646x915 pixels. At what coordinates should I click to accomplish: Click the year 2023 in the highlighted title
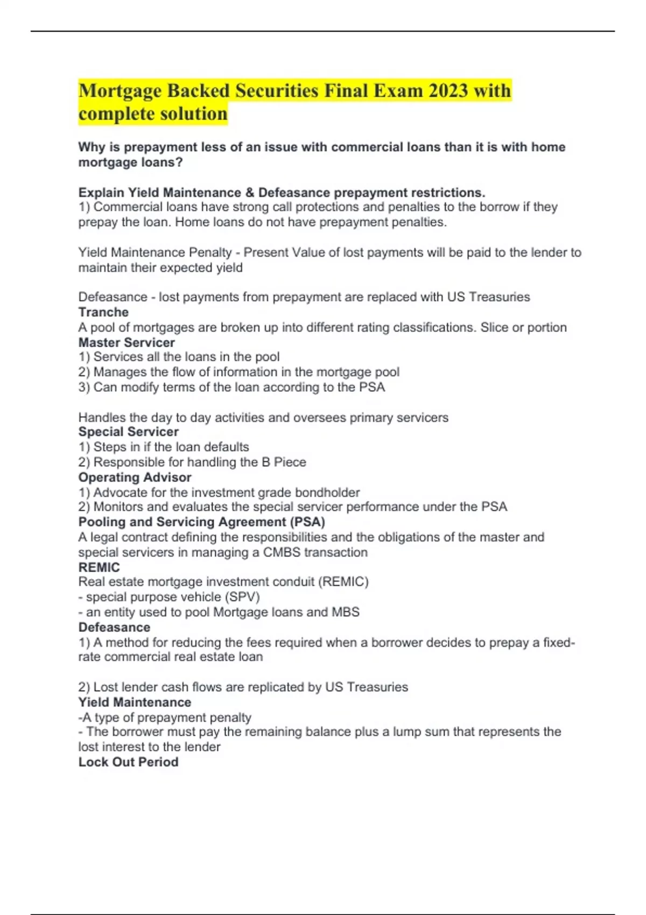tap(448, 90)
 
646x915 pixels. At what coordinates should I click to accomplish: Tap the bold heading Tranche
tap(103, 312)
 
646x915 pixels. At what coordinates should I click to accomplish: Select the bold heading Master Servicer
tap(127, 342)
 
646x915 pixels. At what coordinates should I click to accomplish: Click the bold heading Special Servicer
tap(128, 432)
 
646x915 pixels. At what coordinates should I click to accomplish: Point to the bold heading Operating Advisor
tap(135, 477)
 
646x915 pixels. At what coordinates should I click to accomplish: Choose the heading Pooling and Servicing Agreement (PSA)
tap(201, 522)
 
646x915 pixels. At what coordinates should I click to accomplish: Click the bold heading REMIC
tap(99, 567)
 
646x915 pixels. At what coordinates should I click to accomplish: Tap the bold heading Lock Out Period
tap(128, 762)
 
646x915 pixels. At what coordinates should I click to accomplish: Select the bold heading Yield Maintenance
tap(135, 702)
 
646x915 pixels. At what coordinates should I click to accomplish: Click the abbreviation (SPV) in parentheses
tap(242, 597)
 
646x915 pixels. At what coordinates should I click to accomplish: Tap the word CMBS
tap(282, 552)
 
